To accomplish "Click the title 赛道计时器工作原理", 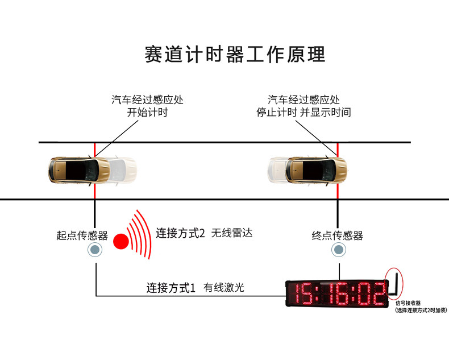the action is pyautogui.click(x=235, y=54).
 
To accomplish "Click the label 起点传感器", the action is pyautogui.click(x=82, y=235).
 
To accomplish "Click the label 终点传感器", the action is pyautogui.click(x=338, y=235).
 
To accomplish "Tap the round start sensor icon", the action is pyautogui.click(x=95, y=250).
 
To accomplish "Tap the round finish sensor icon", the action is pyautogui.click(x=339, y=250).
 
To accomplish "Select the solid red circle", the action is pyautogui.click(x=120, y=241).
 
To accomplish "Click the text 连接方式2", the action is pyautogui.click(x=180, y=233).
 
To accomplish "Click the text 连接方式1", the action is pyautogui.click(x=171, y=288).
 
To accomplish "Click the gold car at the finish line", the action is pyautogui.click(x=316, y=169).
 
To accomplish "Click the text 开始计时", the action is pyautogui.click(x=147, y=112).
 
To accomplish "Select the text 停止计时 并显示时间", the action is pyautogui.click(x=304, y=112).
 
